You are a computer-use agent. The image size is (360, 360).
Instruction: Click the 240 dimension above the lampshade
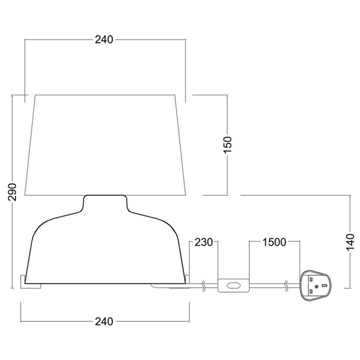click(104, 40)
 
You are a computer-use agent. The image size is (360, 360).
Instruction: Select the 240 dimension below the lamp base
click(104, 321)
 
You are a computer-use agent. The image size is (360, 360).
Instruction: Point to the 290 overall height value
click(12, 192)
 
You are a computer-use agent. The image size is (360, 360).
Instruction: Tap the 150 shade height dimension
click(228, 145)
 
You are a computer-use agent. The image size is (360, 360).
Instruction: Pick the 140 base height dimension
click(350, 242)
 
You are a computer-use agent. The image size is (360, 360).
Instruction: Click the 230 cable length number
click(204, 242)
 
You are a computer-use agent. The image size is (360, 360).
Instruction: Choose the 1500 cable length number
click(274, 242)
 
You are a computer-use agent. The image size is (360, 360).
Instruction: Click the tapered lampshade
click(105, 145)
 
